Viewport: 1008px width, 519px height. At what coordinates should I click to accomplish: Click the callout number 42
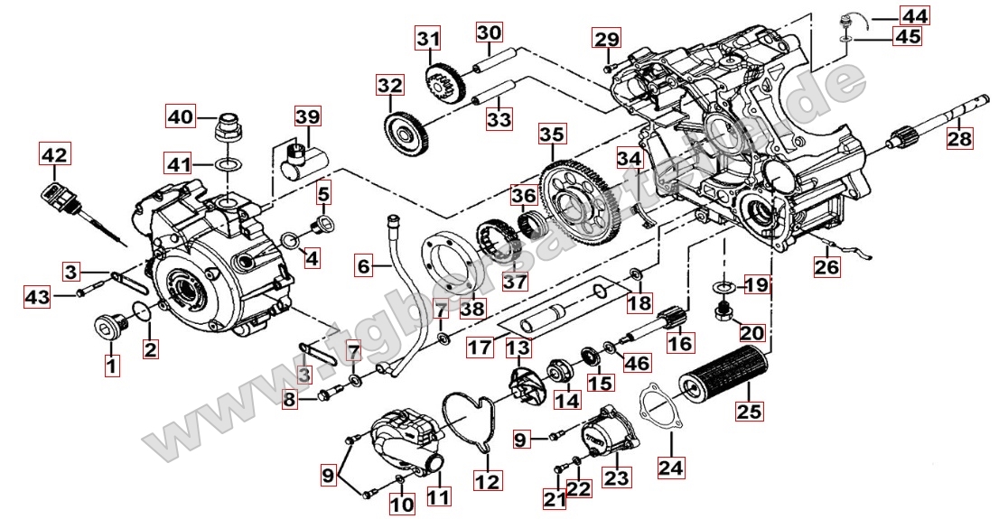pos(54,155)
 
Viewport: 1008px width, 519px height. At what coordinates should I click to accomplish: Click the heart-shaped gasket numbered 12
pos(478,421)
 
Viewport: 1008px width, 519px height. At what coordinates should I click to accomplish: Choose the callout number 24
pos(672,467)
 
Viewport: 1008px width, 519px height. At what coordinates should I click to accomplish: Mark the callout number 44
pos(913,15)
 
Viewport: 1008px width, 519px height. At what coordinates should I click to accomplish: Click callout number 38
pos(472,309)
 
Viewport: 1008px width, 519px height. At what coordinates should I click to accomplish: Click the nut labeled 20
pos(723,312)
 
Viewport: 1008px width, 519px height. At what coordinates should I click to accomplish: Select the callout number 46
pos(637,364)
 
